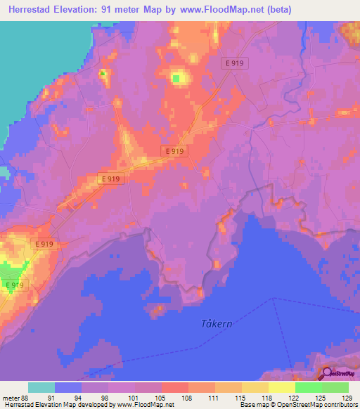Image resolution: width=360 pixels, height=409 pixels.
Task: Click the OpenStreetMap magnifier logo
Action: [x=328, y=373]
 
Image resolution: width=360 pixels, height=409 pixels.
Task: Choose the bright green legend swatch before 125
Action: [x=308, y=387]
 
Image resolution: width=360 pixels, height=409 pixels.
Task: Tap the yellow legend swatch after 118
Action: [x=281, y=387]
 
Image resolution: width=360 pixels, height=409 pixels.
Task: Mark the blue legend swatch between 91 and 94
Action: [x=68, y=387]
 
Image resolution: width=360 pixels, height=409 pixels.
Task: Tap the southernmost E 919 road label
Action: [x=14, y=285]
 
